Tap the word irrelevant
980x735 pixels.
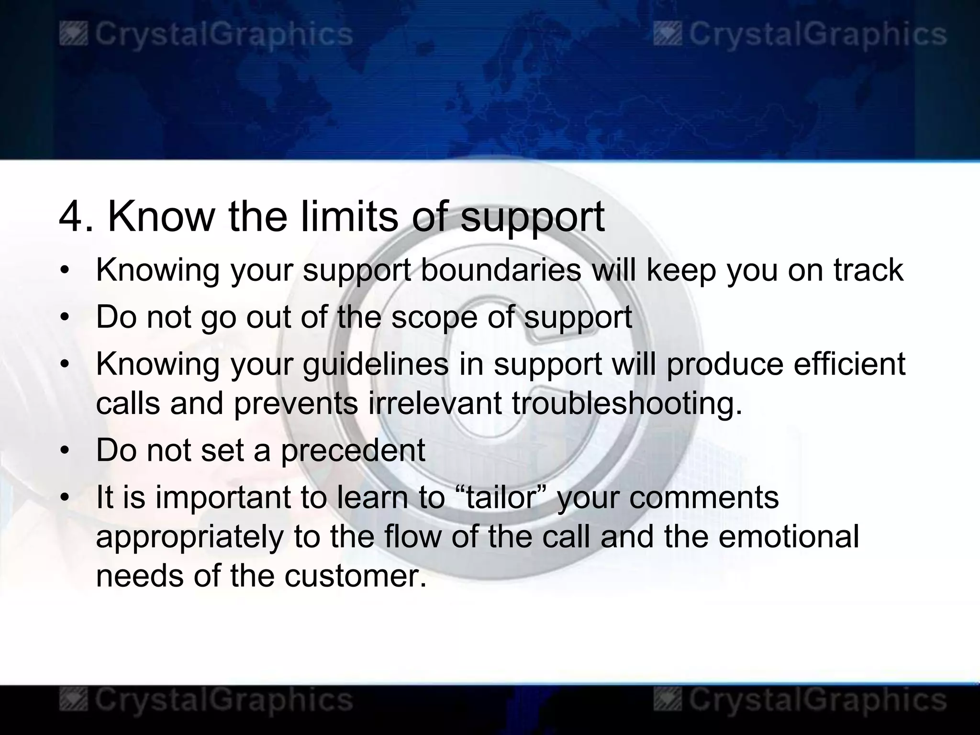point(435,403)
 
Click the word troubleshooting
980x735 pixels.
point(627,404)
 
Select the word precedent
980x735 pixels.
point(353,451)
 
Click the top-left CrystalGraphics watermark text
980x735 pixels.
point(223,35)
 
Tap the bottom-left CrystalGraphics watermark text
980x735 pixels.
point(223,700)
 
